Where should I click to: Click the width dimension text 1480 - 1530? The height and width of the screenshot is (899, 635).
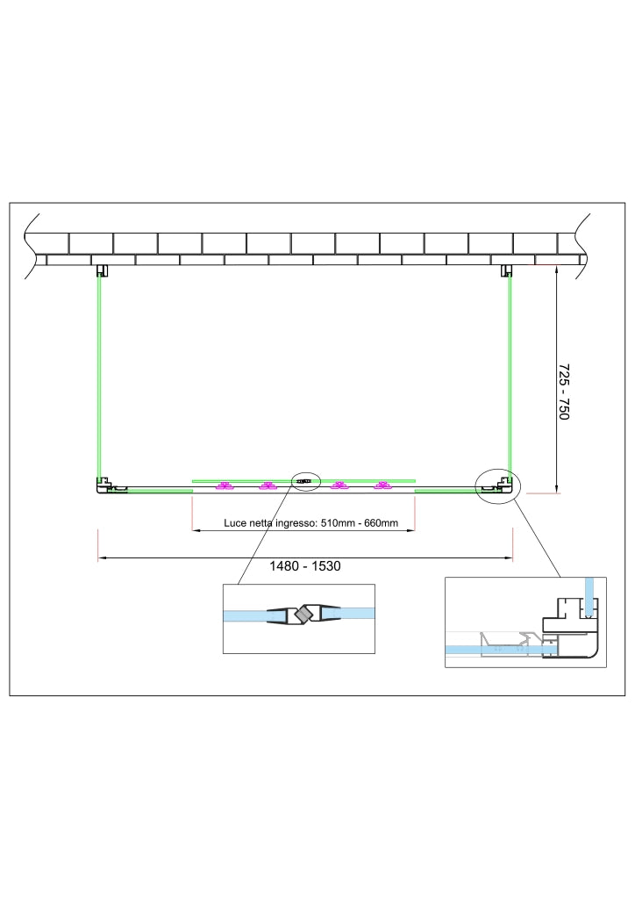(x=304, y=566)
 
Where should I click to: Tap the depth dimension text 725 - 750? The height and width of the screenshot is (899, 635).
(x=563, y=392)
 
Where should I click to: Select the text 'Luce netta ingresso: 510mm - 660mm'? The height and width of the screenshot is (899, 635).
(x=310, y=523)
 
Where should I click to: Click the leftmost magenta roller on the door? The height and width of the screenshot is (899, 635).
(x=224, y=486)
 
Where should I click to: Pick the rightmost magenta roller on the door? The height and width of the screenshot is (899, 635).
(x=382, y=486)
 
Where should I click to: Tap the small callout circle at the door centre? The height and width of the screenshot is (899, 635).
(x=306, y=481)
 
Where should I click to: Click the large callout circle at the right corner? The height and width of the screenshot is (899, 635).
(x=497, y=485)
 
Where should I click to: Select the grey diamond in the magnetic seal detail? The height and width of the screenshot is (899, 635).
(x=301, y=615)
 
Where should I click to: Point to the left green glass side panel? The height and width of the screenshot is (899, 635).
(x=99, y=378)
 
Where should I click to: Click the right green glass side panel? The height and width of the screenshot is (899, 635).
(x=509, y=378)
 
